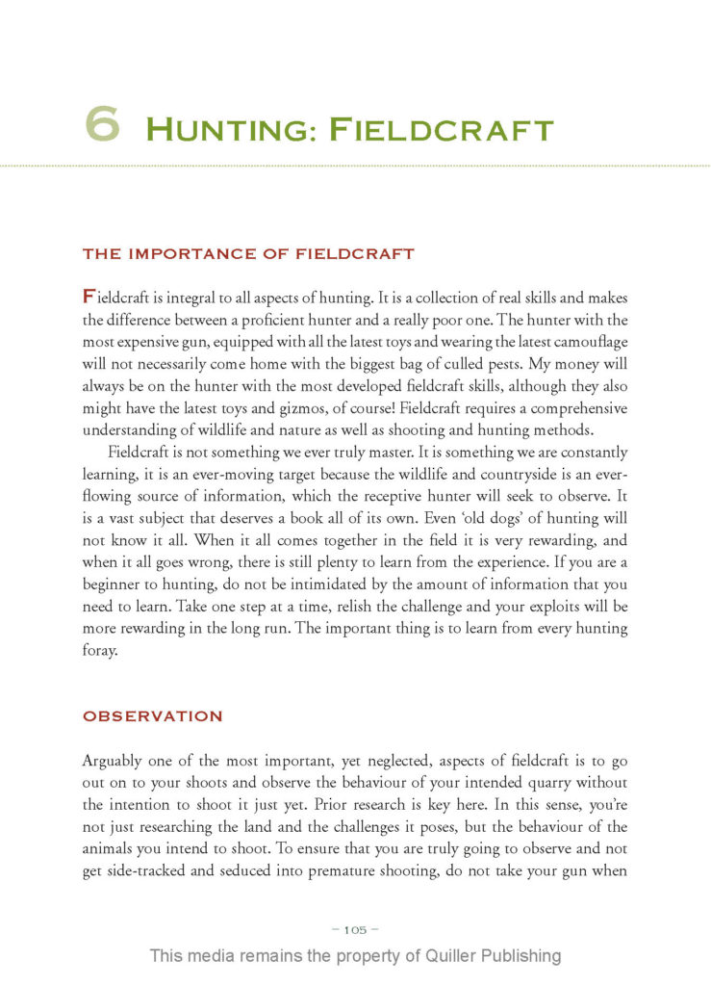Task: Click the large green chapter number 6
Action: click(x=102, y=125)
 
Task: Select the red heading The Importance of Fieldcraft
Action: click(x=248, y=254)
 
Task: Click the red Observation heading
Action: click(x=152, y=716)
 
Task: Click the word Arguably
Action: click(x=114, y=760)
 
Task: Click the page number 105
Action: click(x=355, y=930)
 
